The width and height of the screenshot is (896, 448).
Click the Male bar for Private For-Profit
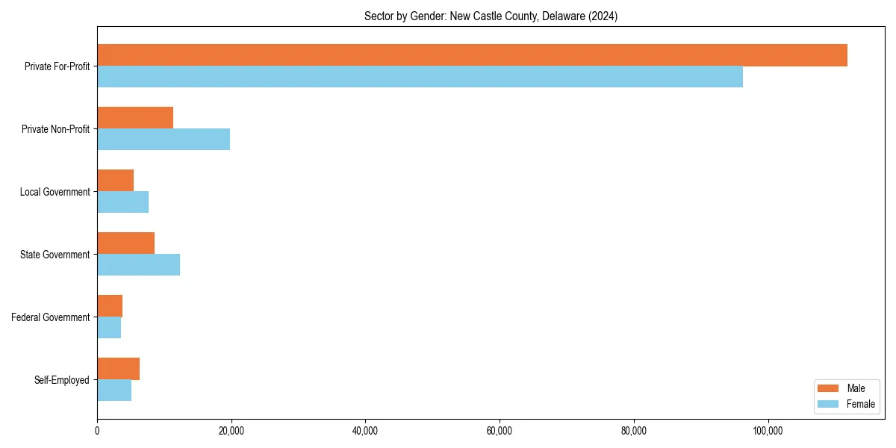[x=472, y=55]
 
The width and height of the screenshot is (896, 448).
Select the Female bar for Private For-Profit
[x=420, y=77]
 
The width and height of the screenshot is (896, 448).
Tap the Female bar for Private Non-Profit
[x=164, y=140]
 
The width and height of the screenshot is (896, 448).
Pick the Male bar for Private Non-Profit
[x=135, y=118]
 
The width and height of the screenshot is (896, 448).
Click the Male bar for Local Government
[x=115, y=181]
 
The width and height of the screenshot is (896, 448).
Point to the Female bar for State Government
[x=138, y=265]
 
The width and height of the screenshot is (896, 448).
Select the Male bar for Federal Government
[x=110, y=306]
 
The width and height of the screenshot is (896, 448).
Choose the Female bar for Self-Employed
[x=114, y=391]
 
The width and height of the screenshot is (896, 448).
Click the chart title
[x=491, y=16]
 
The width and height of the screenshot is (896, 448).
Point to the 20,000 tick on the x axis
[x=231, y=431]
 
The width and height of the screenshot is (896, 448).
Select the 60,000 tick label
[x=499, y=431]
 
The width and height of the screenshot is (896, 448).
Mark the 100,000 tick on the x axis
[x=768, y=431]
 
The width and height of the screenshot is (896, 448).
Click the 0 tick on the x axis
[x=97, y=431]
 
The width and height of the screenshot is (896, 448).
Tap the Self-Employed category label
[x=62, y=380]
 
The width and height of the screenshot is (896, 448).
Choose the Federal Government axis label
[x=51, y=317]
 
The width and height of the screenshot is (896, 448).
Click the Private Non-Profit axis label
[x=55, y=129]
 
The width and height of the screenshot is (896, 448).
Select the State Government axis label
[x=55, y=255]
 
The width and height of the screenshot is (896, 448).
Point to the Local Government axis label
[x=55, y=192]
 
